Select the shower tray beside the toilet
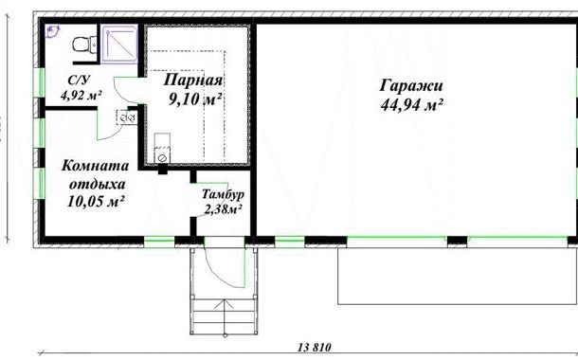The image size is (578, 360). (119, 45)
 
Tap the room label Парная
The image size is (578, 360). (193, 80)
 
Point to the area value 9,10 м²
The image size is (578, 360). (195, 99)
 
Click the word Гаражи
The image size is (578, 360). (411, 85)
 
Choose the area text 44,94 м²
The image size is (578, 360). (411, 105)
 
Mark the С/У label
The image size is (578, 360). (79, 80)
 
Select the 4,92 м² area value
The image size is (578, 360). (81, 96)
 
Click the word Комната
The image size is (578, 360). (95, 166)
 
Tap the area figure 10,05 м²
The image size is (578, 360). (95, 201)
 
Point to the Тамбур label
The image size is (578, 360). (223, 194)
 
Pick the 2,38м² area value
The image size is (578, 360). (223, 209)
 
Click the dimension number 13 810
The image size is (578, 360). (315, 347)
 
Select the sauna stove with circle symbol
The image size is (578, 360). (162, 148)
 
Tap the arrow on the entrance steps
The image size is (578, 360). (225, 317)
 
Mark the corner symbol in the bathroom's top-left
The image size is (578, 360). (53, 31)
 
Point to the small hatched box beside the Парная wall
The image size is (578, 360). (126, 117)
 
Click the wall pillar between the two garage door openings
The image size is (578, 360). (457, 241)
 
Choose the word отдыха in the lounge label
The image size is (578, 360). (98, 184)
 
